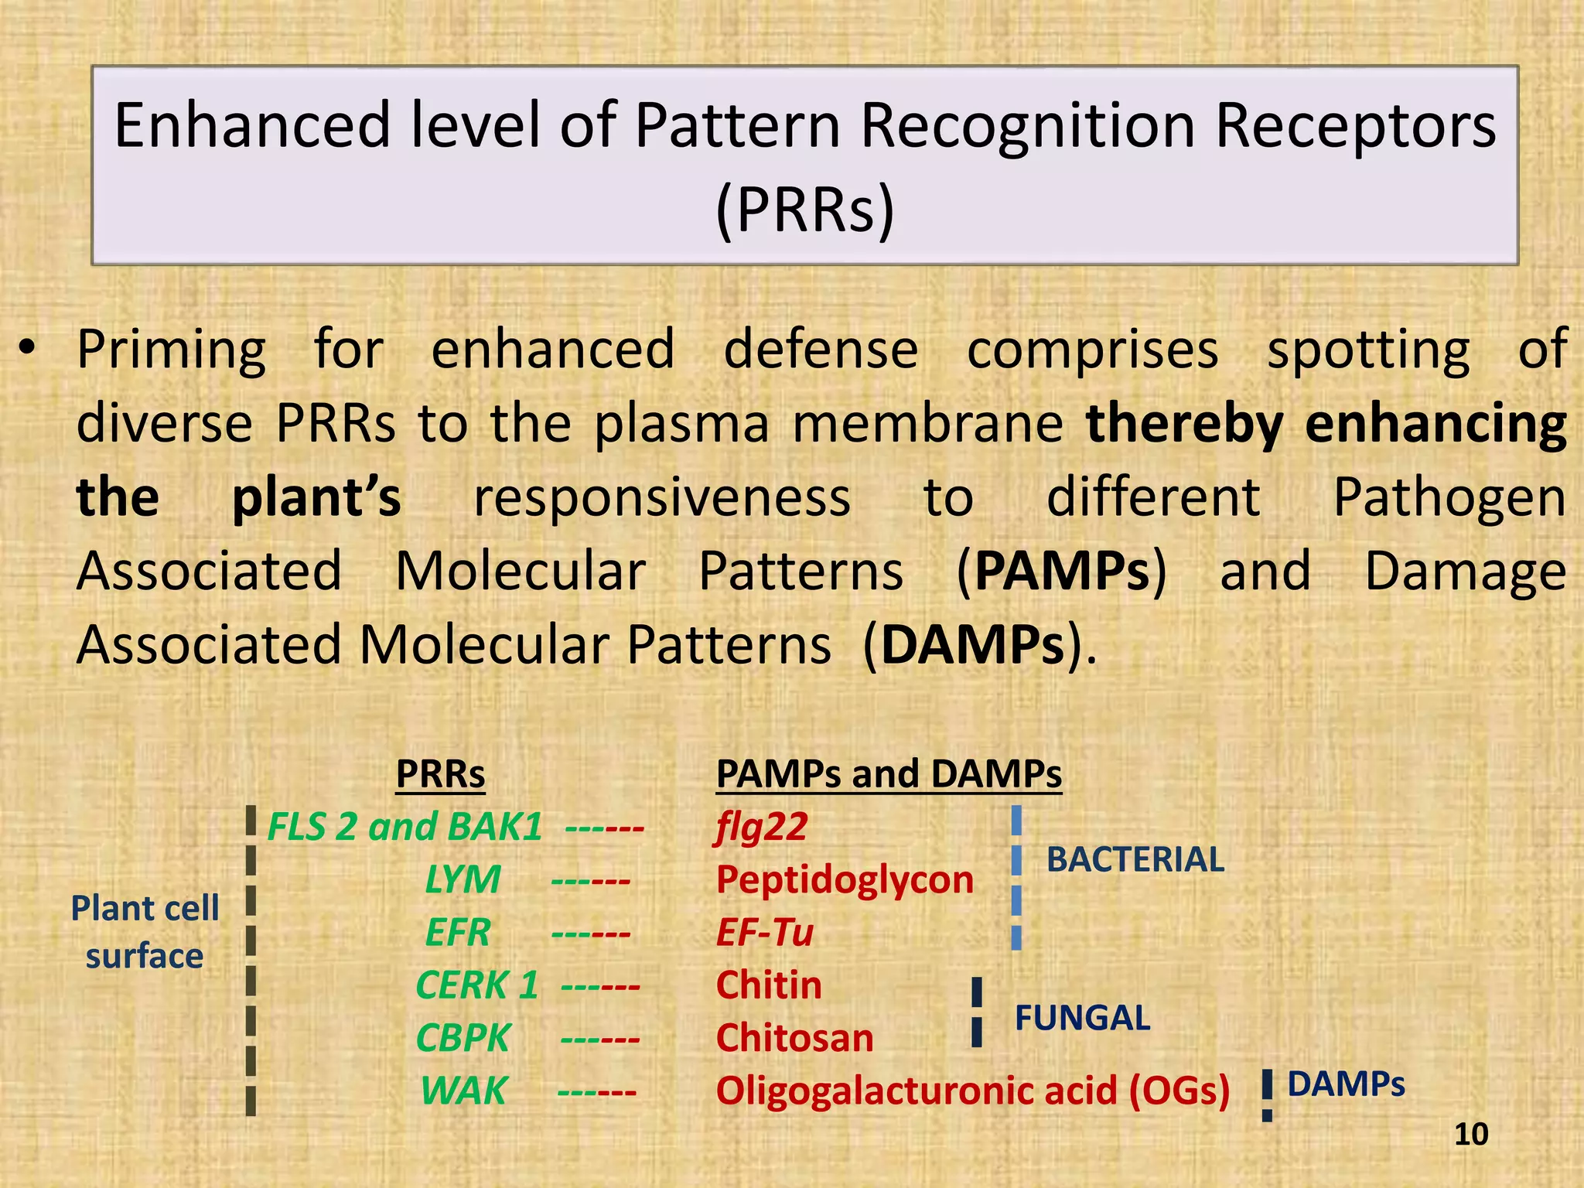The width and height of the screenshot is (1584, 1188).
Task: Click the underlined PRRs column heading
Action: pyautogui.click(x=440, y=774)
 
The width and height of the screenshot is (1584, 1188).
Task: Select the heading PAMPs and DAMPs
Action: pyautogui.click(x=889, y=774)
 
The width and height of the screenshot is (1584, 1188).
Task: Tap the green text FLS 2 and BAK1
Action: pyautogui.click(x=405, y=827)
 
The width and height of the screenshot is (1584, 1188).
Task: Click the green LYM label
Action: pyautogui.click(x=463, y=880)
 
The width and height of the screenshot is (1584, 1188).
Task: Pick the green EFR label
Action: pyautogui.click(x=458, y=933)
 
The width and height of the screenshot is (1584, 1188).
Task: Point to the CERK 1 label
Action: pyautogui.click(x=476, y=985)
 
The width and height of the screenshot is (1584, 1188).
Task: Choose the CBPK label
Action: pyautogui.click(x=463, y=1038)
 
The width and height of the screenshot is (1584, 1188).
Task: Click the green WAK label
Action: pyautogui.click(x=463, y=1091)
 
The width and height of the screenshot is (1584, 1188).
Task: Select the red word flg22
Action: pyautogui.click(x=762, y=827)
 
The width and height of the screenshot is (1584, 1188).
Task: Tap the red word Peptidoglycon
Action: pyautogui.click(x=845, y=880)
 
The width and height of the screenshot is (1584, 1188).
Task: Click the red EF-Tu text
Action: pyautogui.click(x=764, y=933)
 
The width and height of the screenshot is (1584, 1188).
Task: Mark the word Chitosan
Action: pyautogui.click(x=794, y=1038)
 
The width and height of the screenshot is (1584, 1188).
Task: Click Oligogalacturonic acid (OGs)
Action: pyautogui.click(x=972, y=1091)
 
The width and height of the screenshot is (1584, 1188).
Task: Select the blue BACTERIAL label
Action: pyautogui.click(x=1135, y=860)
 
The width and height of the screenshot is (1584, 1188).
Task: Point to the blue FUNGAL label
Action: pyautogui.click(x=1082, y=1018)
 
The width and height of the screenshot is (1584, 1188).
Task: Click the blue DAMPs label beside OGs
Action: pyautogui.click(x=1346, y=1084)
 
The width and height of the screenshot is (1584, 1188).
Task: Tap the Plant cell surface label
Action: pyautogui.click(x=145, y=932)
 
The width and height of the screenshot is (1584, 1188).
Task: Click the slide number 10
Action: pyautogui.click(x=1470, y=1135)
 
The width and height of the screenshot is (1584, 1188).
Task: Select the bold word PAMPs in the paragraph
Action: pyautogui.click(x=1062, y=572)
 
